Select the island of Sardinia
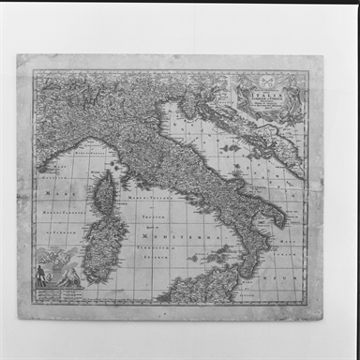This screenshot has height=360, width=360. (x=105, y=243)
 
